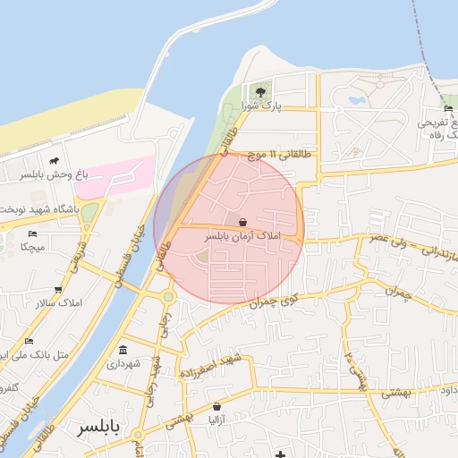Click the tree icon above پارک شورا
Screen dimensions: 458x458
[x=260, y=91]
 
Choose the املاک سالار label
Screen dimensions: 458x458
[x=59, y=303]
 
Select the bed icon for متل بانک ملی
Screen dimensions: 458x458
[x=29, y=341]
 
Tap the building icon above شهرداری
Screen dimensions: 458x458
[x=123, y=350]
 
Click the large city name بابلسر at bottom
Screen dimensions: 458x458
[x=98, y=427]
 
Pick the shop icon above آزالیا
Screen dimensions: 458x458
[x=215, y=404]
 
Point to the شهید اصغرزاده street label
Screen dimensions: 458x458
[x=210, y=366]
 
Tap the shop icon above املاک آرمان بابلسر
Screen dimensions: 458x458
[x=242, y=221]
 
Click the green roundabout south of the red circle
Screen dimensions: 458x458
[x=167, y=297]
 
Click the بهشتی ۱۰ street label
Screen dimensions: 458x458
[x=352, y=367]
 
